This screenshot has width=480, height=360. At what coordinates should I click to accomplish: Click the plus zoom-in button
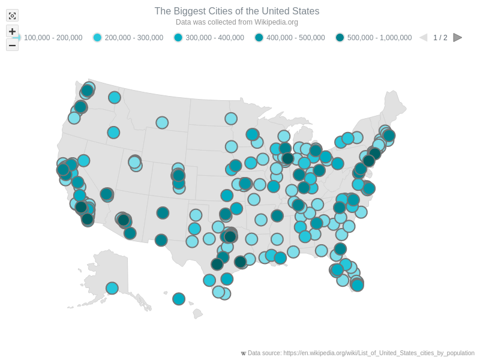[x=12, y=31]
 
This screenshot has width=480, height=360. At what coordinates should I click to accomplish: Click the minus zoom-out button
[x=12, y=45]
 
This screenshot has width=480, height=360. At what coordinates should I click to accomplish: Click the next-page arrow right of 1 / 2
[x=457, y=38]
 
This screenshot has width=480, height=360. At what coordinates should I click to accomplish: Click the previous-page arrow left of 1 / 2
[x=424, y=38]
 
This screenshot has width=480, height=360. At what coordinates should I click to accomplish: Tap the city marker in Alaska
[x=112, y=288]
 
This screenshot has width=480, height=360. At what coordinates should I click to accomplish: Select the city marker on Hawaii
[x=179, y=299]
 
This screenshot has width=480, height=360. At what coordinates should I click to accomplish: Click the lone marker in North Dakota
[x=231, y=119]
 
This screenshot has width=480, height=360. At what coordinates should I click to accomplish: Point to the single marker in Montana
[x=162, y=122]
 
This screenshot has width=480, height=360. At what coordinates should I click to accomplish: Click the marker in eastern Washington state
[x=115, y=97]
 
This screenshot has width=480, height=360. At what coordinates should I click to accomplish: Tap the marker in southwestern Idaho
[x=113, y=133]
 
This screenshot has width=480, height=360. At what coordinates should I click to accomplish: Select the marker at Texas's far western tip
[x=161, y=240]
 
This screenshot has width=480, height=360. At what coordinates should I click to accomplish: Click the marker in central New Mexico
[x=163, y=213]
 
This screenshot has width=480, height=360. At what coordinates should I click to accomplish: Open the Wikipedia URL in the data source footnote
[x=379, y=353]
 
